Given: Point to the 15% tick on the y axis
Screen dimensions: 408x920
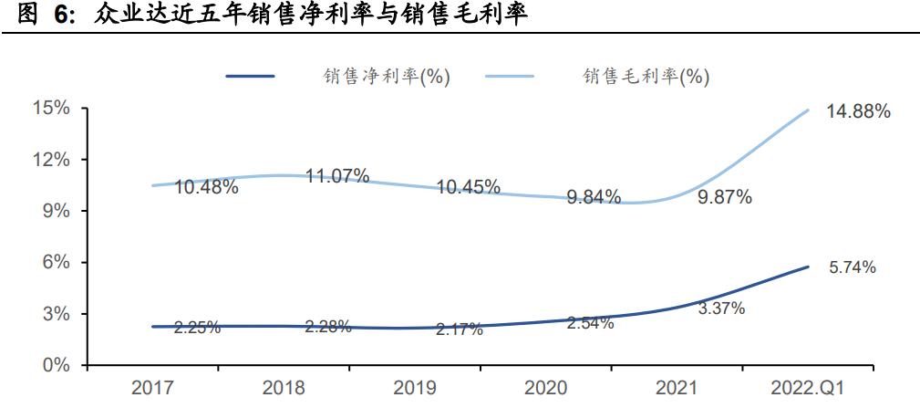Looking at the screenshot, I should tap(52, 109).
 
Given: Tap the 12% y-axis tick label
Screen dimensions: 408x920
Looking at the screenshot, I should tap(52, 160).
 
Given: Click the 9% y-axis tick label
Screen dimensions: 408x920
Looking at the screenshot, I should tap(57, 211).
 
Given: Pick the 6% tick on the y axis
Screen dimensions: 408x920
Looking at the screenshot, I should tap(57, 263).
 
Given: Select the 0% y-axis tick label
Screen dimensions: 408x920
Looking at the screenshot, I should tap(57, 365).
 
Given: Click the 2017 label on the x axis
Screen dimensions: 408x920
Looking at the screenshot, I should tap(153, 388).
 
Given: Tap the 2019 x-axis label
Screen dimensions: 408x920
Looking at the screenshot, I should tap(415, 388).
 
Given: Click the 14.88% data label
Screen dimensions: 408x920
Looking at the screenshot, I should tap(858, 112).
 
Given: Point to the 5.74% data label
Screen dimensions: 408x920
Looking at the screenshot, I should tap(852, 267).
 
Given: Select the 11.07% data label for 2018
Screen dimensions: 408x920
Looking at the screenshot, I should tap(337, 176).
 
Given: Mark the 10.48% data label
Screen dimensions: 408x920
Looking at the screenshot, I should tap(207, 187).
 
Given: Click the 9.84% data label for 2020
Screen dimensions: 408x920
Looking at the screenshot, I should tap(594, 196).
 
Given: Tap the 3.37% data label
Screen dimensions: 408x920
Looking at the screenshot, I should tap(721, 309).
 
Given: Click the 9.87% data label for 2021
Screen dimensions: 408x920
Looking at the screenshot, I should tap(724, 197).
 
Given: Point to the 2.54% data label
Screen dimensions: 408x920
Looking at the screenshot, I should tap(590, 323).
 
